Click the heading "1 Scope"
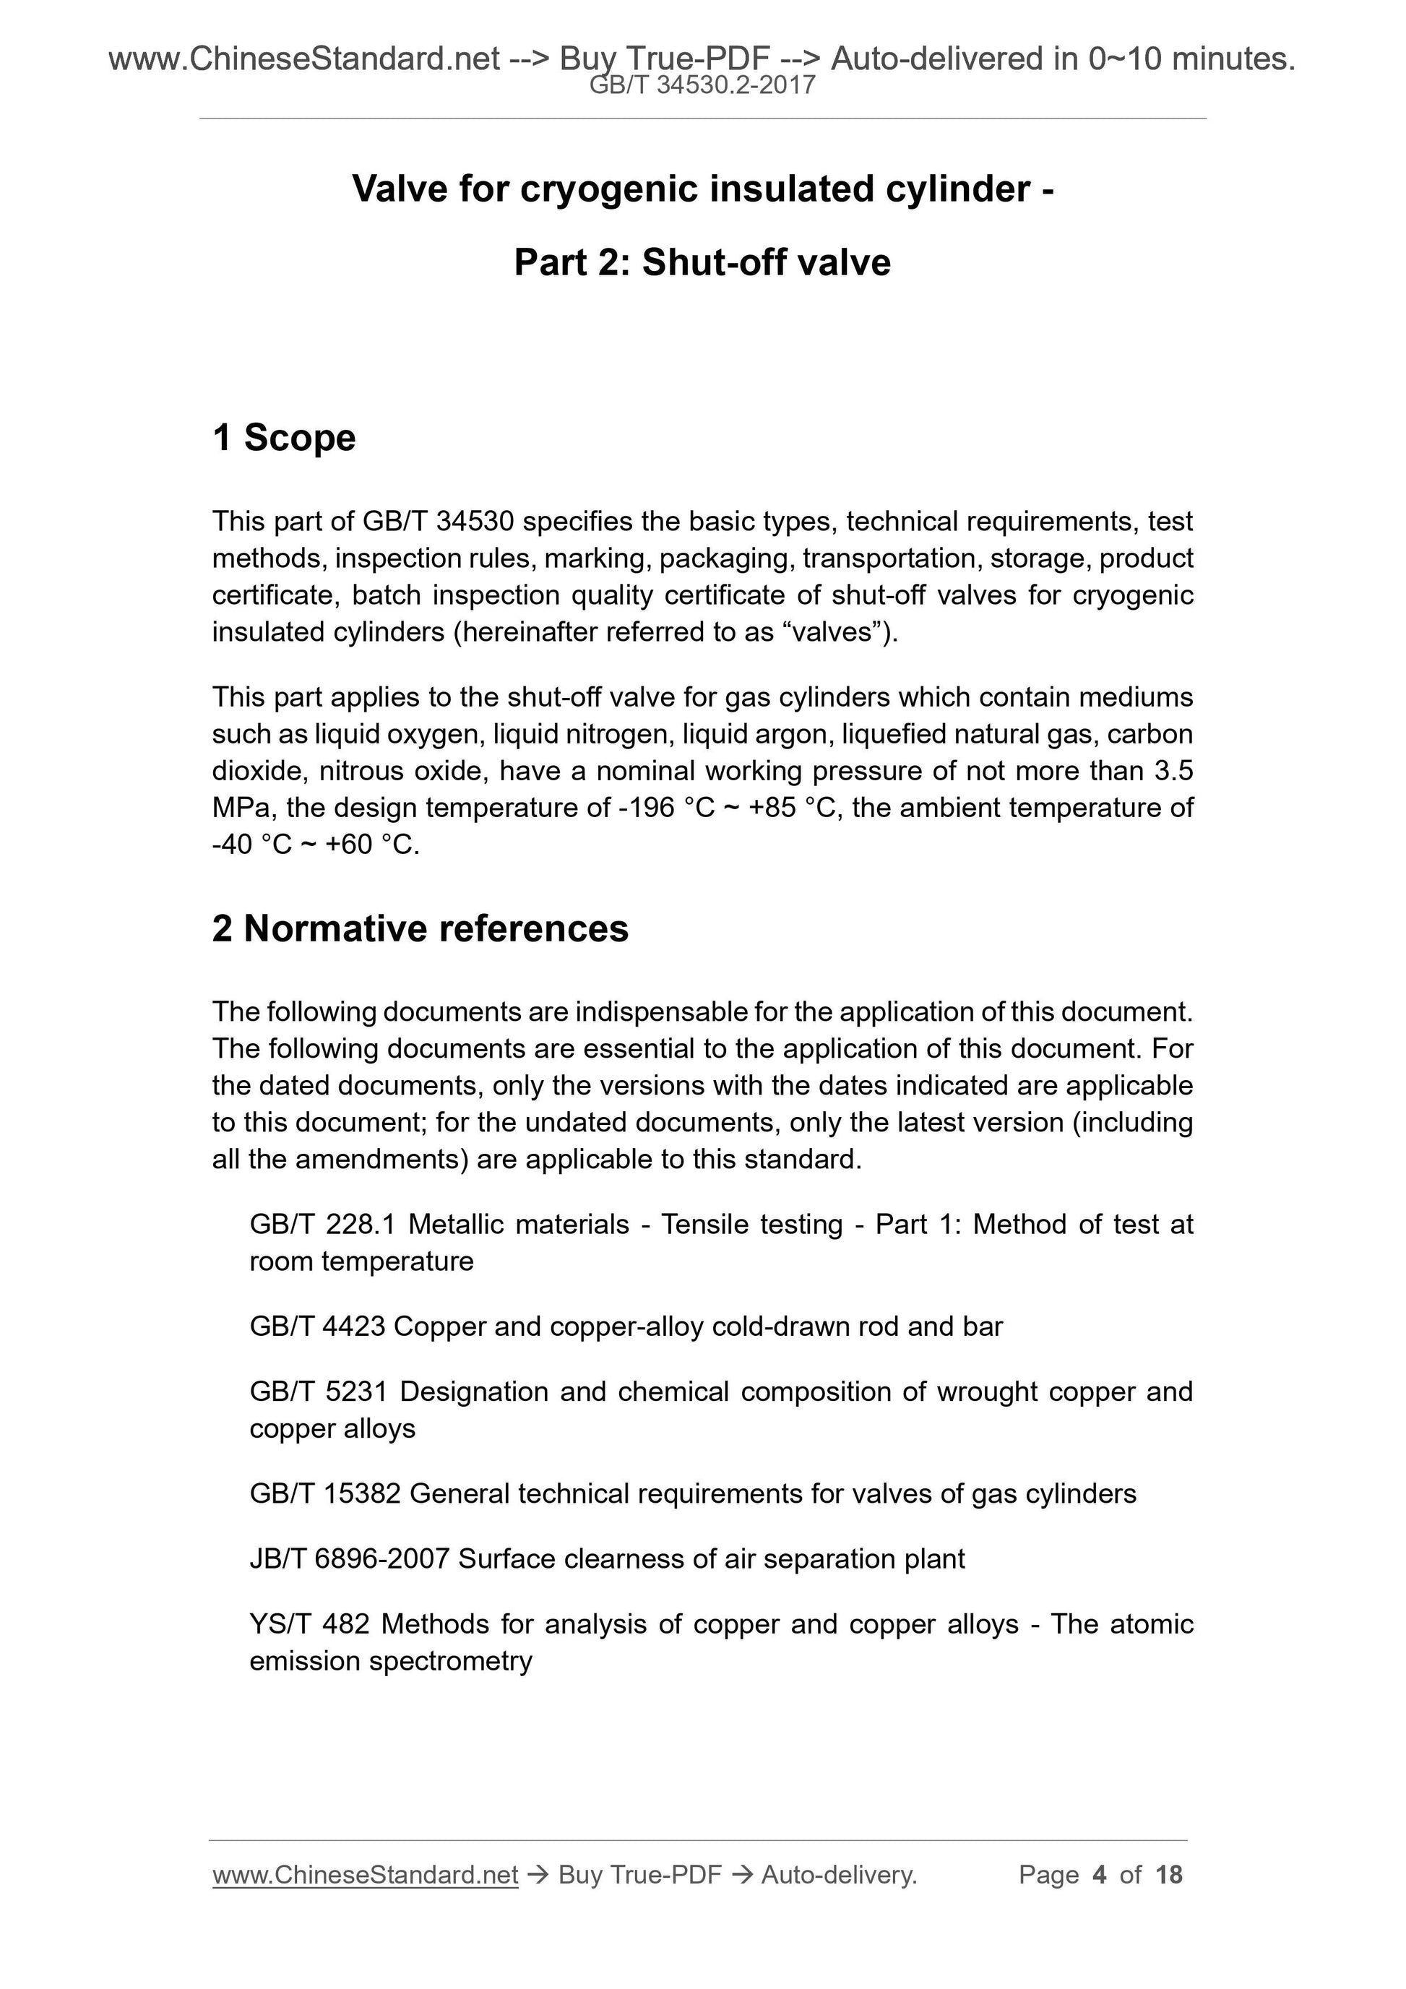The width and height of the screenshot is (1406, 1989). click(283, 438)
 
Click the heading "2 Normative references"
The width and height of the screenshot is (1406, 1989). click(420, 928)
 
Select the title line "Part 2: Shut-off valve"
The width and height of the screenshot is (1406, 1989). click(702, 262)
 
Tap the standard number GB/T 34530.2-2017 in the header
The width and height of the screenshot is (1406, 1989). click(702, 85)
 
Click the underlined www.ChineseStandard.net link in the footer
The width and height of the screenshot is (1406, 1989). click(365, 1875)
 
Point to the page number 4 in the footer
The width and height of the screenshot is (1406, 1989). click(1100, 1875)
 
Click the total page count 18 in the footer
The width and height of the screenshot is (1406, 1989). click(1168, 1875)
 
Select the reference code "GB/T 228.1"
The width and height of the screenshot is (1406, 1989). click(322, 1224)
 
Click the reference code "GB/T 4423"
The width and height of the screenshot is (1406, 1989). click(317, 1326)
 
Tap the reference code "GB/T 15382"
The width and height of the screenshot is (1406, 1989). click(325, 1493)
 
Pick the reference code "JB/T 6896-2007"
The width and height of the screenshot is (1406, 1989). click(349, 1558)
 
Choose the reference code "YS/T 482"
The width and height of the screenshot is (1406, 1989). click(310, 1623)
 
